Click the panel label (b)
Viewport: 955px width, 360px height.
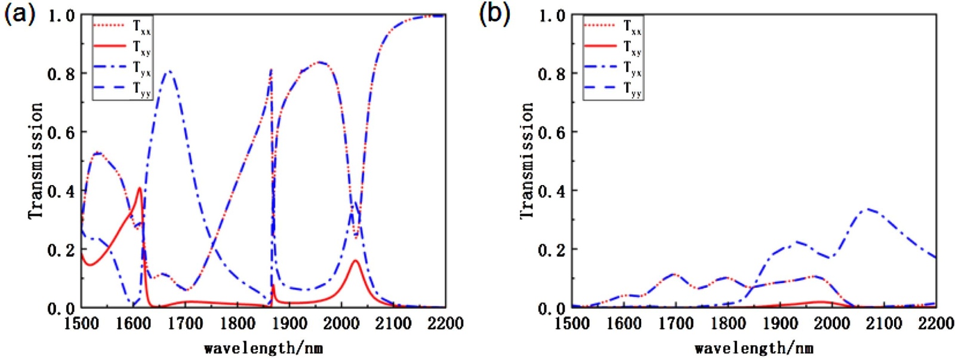coord(495,13)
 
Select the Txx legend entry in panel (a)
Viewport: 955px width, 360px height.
coord(141,27)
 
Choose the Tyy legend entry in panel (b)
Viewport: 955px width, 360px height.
coord(632,90)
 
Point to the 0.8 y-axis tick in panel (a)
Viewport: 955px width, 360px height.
coord(61,73)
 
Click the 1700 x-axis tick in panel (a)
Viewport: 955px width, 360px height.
coord(185,324)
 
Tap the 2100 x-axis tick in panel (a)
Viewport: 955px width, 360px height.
coord(393,324)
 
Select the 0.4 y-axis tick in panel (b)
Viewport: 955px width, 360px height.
coord(552,191)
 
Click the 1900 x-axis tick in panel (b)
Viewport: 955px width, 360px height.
coord(780,324)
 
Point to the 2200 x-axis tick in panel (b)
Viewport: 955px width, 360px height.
coord(936,324)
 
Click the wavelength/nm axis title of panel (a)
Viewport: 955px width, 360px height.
coord(263,347)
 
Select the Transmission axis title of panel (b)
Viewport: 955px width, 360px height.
coord(526,160)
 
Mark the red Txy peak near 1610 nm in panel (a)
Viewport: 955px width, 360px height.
coord(140,188)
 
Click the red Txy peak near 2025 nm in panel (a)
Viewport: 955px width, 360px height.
coord(355,260)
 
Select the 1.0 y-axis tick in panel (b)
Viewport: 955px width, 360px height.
coord(552,16)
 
